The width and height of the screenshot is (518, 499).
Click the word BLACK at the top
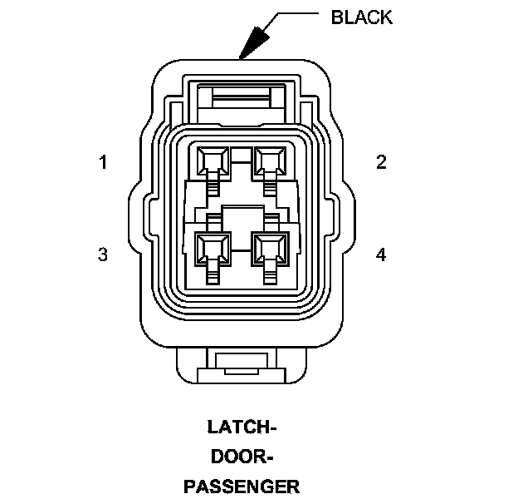click(x=361, y=17)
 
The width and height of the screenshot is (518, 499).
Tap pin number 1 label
click(x=103, y=162)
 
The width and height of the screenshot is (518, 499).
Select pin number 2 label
click(x=381, y=162)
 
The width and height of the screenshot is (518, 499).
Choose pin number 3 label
click(x=103, y=254)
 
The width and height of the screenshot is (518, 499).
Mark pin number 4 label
click(x=381, y=254)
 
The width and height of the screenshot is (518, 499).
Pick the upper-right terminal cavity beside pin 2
click(x=269, y=160)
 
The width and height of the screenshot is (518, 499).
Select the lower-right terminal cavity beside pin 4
click(x=269, y=247)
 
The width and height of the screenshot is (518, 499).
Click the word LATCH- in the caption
click(x=242, y=427)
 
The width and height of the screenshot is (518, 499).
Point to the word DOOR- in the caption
click(x=242, y=457)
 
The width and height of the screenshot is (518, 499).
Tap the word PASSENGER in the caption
click(x=242, y=486)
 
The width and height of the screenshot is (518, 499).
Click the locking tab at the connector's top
click(x=241, y=99)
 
